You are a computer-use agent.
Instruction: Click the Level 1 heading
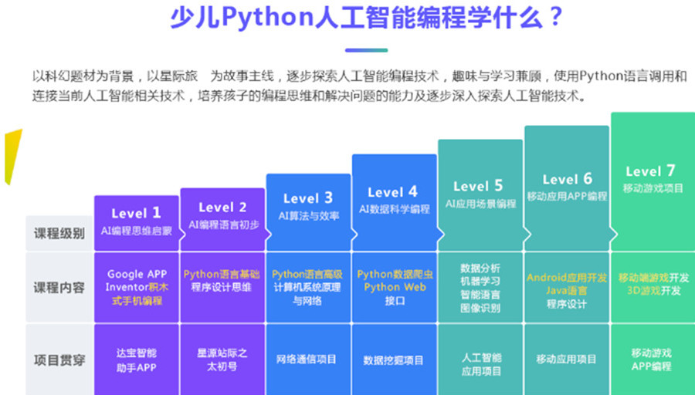point(136,213)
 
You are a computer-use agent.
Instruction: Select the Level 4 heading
point(392,192)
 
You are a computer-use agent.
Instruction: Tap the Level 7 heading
point(650,171)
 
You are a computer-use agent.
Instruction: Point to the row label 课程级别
point(59,233)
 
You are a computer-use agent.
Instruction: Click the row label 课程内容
point(59,288)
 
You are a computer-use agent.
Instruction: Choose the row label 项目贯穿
point(59,359)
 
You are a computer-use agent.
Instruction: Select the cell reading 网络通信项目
point(307,359)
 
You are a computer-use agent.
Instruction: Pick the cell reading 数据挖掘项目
point(393,360)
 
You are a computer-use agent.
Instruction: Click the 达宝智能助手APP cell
point(136,360)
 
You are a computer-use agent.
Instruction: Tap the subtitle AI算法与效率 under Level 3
point(308,216)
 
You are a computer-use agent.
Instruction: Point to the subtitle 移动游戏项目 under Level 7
point(653,188)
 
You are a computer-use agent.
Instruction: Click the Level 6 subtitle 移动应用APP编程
point(567,196)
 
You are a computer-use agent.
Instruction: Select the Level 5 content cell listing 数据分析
point(480,288)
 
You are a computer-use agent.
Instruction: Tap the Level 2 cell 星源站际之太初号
point(222,360)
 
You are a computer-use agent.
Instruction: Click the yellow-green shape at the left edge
point(12,154)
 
